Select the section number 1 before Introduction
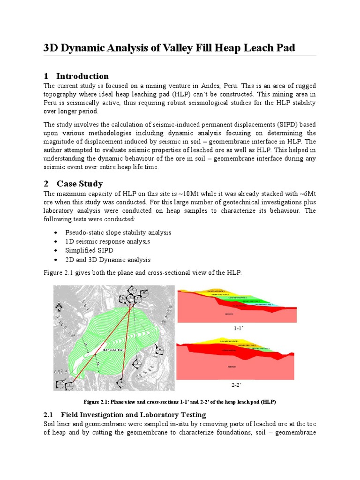(46, 76)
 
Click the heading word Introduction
(82, 76)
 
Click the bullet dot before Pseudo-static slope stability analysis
(56, 233)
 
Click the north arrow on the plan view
(59, 307)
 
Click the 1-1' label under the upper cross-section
(237, 329)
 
